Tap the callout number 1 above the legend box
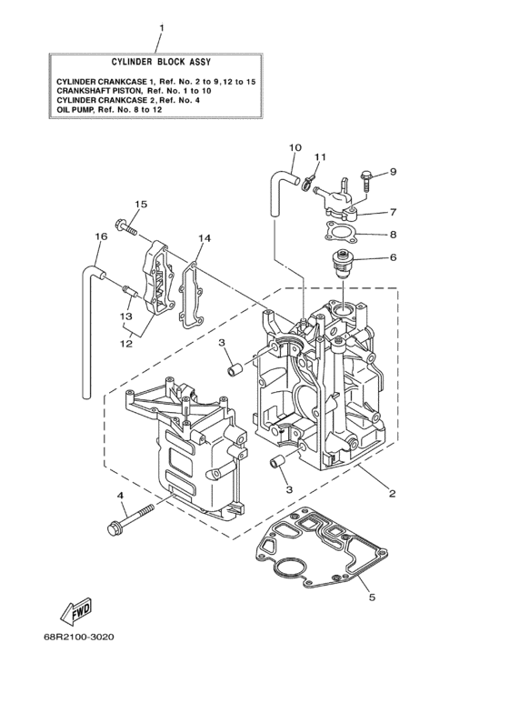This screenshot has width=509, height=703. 161,27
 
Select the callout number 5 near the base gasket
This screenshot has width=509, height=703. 370,598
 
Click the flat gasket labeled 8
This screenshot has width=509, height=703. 340,233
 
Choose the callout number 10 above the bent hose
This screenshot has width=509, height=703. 294,146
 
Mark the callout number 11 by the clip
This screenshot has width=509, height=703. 320,157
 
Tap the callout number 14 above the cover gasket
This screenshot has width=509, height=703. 205,237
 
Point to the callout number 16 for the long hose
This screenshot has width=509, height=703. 101,236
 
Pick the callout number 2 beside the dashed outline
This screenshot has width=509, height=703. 392,494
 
